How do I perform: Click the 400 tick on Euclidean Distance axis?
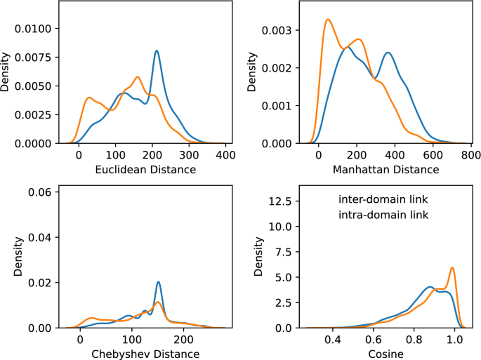click(225, 156)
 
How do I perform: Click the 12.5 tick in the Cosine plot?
click(277, 201)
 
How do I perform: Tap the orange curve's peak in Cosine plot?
click(452, 267)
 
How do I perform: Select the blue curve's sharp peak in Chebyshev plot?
click(159, 282)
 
